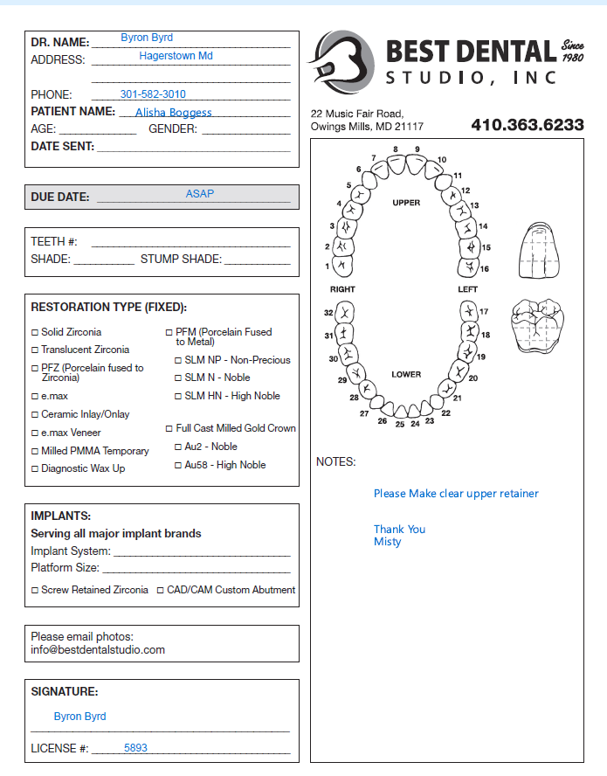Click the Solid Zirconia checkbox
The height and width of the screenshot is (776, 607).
coord(35,332)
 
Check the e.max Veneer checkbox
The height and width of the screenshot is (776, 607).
coord(35,433)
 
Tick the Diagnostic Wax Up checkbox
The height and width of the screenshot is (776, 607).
coord(35,468)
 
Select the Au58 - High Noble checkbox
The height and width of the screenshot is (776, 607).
coord(178,465)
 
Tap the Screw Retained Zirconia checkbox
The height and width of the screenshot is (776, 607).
coord(35,590)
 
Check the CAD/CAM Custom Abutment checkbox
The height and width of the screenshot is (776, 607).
coord(160,590)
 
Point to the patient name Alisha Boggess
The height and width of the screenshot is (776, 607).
coord(173,113)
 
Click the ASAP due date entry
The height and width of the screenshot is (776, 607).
coord(200,194)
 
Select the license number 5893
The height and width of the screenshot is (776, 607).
coord(135,748)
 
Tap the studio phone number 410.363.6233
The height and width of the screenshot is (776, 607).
coord(528,125)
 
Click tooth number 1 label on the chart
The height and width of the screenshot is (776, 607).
coord(328,266)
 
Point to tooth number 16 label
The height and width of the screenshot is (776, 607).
coord(485,268)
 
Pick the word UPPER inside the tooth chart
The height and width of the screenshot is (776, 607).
coord(406,203)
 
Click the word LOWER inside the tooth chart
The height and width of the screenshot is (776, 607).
coord(406,374)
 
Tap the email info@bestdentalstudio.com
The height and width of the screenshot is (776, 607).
coord(98,650)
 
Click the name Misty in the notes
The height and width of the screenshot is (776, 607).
coord(388,542)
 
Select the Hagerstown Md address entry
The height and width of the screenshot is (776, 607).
coord(176,56)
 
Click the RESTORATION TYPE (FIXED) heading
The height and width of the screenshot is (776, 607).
coord(109,308)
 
